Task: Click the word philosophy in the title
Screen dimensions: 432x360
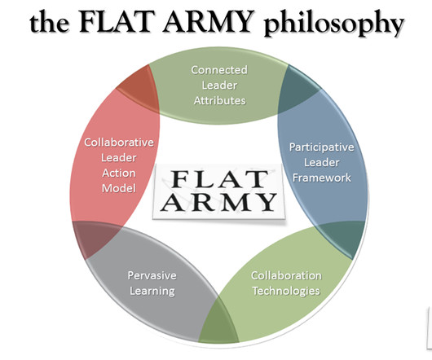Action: (x=334, y=24)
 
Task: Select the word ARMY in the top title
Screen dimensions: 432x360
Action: (x=208, y=21)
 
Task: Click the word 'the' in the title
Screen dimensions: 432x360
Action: (x=50, y=22)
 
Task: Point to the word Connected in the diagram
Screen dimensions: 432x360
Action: (x=219, y=70)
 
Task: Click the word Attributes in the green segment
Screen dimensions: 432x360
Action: (x=219, y=100)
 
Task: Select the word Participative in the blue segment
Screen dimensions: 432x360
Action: (x=321, y=147)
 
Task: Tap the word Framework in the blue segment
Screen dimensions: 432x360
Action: (x=321, y=178)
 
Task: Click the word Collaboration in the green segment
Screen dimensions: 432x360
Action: (x=286, y=275)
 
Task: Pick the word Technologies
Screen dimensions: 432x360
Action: (x=286, y=292)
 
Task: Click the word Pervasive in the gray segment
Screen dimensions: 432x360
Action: (x=152, y=275)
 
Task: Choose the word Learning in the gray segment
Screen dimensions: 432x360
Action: (x=152, y=292)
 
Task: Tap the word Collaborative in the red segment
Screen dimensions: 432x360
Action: (x=119, y=143)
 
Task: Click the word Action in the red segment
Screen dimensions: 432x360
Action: (x=119, y=173)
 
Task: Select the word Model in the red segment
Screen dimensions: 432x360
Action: (x=119, y=188)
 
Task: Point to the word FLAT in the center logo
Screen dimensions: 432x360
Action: (x=219, y=179)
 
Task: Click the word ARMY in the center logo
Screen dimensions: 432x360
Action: (x=218, y=202)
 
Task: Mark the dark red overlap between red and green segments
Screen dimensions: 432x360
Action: (x=139, y=88)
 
